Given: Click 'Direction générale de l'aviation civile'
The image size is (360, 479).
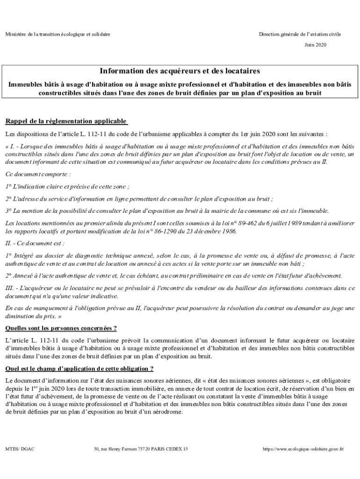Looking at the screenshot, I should pyautogui.click(x=301, y=35).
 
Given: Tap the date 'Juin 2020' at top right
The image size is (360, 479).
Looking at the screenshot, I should pyautogui.click(x=315, y=45).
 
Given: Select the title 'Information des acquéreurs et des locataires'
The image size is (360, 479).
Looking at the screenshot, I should pyautogui.click(x=180, y=71).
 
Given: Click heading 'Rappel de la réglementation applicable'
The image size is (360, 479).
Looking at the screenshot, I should pyautogui.click(x=66, y=122).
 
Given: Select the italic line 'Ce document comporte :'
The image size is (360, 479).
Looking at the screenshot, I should pyautogui.click(x=38, y=174).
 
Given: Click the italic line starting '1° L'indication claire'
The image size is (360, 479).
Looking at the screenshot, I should pyautogui.click(x=68, y=186).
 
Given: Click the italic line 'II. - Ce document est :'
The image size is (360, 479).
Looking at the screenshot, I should pyautogui.click(x=35, y=243).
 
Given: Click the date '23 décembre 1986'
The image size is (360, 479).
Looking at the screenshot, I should pyautogui.click(x=216, y=231).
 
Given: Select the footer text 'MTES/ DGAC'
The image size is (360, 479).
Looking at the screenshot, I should pyautogui.click(x=20, y=449).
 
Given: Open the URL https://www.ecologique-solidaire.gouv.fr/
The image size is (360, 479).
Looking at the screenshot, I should pyautogui.click(x=303, y=449).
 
